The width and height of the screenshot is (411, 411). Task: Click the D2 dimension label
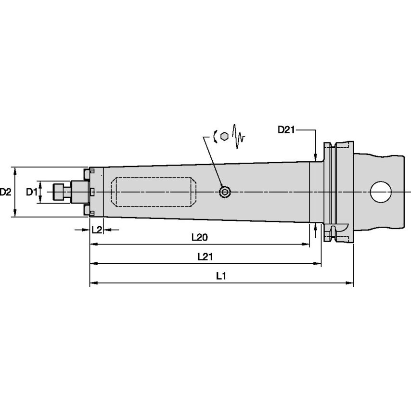point(6,192)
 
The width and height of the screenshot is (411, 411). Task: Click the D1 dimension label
point(31,192)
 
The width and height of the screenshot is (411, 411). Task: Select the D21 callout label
point(286,129)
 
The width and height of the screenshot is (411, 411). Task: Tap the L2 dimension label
point(97,230)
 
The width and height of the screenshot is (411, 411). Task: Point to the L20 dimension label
point(199,237)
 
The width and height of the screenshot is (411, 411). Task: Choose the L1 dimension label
point(221,276)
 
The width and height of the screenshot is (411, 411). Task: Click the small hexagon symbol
point(224,137)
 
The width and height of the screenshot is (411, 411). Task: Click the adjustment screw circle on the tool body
point(225,193)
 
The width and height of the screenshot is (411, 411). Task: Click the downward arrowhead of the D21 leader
point(315,158)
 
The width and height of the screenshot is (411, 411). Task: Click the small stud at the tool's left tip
point(60,192)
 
